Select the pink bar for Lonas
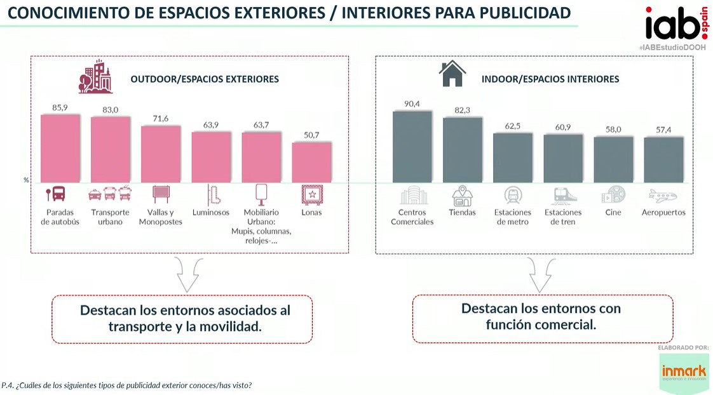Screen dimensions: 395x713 pos(311,163)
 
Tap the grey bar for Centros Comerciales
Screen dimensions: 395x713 pos(412,147)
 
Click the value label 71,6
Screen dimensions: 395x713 pos(160,119)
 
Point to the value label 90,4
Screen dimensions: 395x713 pos(412,104)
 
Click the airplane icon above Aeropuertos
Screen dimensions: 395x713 pos(663,195)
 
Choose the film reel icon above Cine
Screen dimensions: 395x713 pos(613,194)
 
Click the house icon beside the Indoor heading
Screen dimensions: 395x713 pos(452,74)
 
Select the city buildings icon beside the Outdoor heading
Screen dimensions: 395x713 pos(95,77)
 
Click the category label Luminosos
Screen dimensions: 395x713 pos(210,213)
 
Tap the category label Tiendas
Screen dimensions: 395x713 pos(462,213)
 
